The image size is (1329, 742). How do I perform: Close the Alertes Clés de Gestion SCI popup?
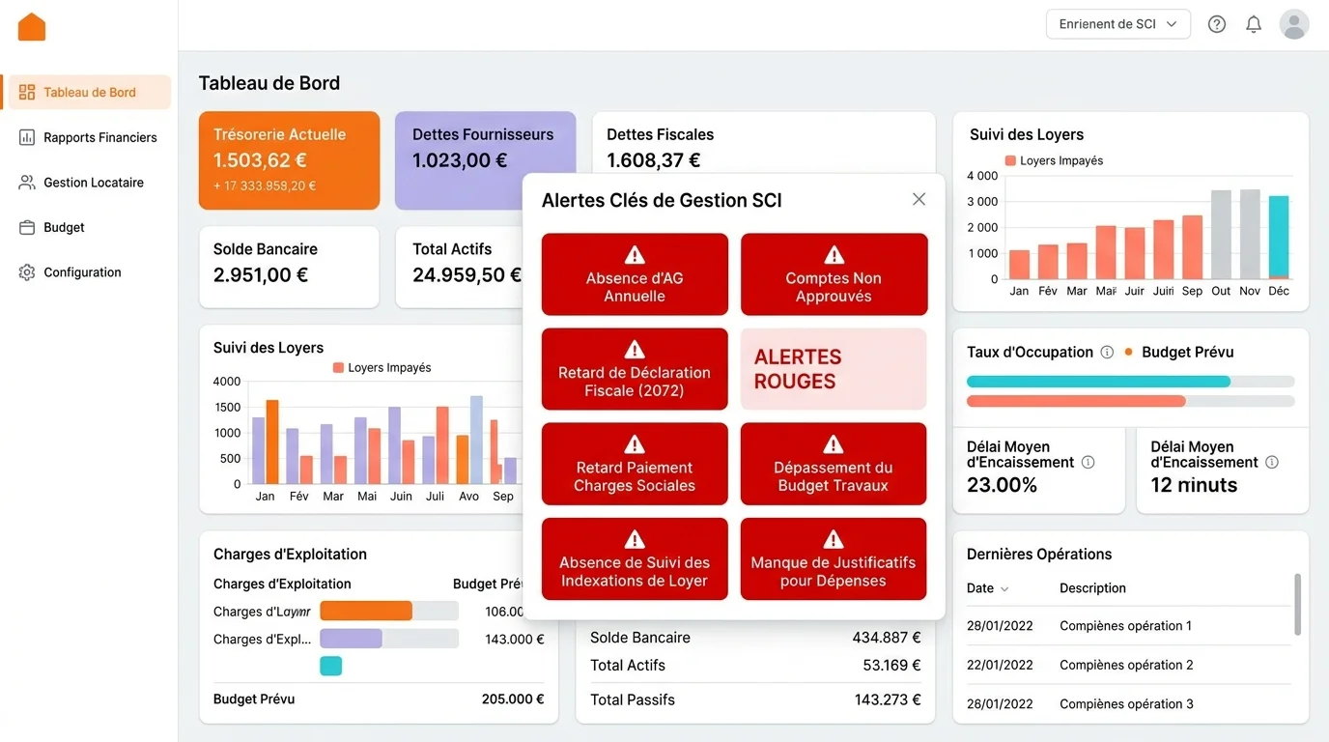[x=919, y=199]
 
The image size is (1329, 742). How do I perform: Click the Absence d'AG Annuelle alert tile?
[x=635, y=274]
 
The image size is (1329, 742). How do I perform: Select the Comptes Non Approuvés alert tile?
[x=834, y=274]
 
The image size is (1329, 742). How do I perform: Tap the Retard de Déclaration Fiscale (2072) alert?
[x=635, y=369]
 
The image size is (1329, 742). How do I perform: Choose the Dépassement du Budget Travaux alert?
[x=834, y=464]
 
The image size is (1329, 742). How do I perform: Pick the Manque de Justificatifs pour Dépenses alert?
[x=834, y=559]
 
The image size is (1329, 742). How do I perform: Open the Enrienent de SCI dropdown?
[x=1117, y=24]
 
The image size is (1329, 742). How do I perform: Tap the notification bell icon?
[x=1254, y=24]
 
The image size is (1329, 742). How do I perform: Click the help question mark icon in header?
[x=1217, y=24]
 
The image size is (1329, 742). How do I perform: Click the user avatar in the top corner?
[x=1294, y=24]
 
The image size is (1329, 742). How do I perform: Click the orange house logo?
[x=32, y=27]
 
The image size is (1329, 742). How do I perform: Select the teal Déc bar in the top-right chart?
[x=1279, y=237]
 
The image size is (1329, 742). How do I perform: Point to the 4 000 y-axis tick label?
[x=982, y=176]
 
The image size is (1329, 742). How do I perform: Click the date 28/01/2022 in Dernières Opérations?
[x=1000, y=626]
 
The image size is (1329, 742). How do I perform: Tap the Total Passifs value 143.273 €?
[x=887, y=699]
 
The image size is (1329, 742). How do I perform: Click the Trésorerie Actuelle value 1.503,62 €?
[x=260, y=160]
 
